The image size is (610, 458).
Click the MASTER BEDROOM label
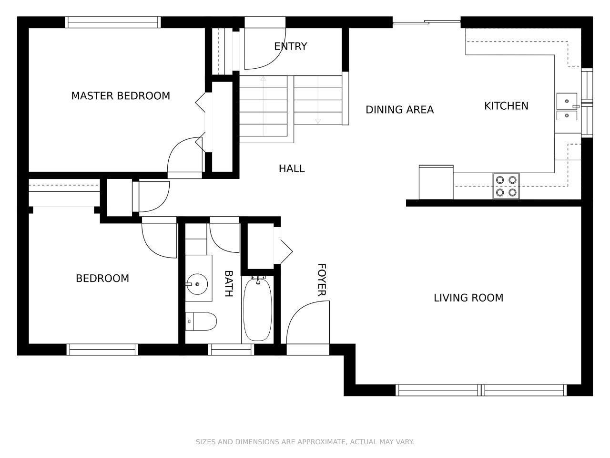(x=121, y=96)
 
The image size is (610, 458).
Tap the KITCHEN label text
(x=506, y=106)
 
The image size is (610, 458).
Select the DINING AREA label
(x=400, y=110)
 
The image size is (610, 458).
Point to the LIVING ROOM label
(x=468, y=298)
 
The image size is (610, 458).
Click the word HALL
(x=292, y=168)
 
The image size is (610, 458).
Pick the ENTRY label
(x=290, y=46)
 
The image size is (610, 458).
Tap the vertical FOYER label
(x=322, y=280)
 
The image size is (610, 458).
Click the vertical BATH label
(x=228, y=284)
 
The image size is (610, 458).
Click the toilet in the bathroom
(x=201, y=322)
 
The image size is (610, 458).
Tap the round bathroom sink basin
(x=197, y=284)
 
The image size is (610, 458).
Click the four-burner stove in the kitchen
(x=506, y=187)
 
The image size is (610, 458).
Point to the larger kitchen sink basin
(x=567, y=101)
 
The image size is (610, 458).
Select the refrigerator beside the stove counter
(x=436, y=182)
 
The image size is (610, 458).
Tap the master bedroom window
(x=113, y=22)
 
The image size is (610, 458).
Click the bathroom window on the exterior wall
(x=231, y=350)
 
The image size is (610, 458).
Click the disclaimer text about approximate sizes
(x=305, y=442)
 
